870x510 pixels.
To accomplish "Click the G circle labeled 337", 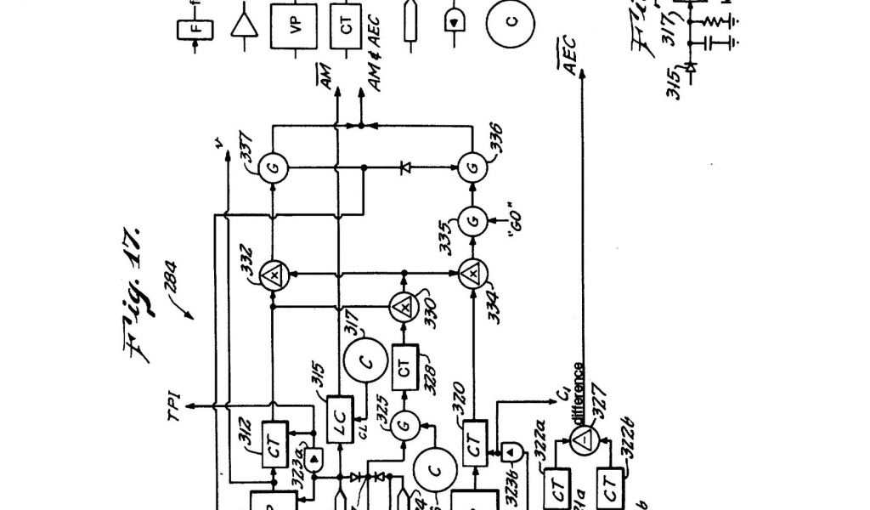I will pos(274,167).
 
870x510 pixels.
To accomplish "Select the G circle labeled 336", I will pos(472,167).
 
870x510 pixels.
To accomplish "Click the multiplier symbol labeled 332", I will pos(274,274).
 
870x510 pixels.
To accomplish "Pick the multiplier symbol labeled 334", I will pos(472,274).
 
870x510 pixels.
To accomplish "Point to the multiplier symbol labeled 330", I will pos(404,303).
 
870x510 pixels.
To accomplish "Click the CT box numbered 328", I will pos(404,367).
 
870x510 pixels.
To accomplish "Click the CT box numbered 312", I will pos(274,443).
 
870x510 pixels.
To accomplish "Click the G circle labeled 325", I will pos(404,422).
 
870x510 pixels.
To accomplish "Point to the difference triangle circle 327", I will pos(583,438).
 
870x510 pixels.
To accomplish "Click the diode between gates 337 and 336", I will pos(404,167).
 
